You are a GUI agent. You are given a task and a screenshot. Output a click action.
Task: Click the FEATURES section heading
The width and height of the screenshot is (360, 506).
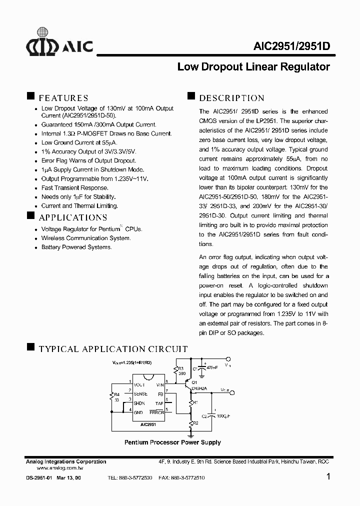pyautogui.click(x=63, y=98)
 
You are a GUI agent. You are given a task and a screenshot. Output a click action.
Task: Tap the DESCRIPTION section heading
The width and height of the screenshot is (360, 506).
pyautogui.click(x=231, y=98)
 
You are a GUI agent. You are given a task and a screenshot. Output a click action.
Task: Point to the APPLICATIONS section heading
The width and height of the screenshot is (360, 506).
pyautogui.click(x=72, y=217)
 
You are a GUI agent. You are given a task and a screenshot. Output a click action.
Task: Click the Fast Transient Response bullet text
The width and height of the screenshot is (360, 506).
pyautogui.click(x=74, y=187)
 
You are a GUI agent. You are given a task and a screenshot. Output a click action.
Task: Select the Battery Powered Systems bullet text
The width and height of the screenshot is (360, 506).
pyautogui.click(x=76, y=247)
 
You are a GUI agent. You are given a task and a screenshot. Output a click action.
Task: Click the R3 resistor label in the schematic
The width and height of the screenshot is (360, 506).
pyautogui.click(x=181, y=368)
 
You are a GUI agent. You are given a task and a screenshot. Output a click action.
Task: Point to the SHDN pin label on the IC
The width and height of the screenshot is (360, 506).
pyautogui.click(x=139, y=403)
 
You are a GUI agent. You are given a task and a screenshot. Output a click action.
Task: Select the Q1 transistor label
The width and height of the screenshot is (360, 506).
pyautogui.click(x=194, y=382)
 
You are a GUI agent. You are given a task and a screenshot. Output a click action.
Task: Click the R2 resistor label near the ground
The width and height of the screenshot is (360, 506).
pyautogui.click(x=195, y=423)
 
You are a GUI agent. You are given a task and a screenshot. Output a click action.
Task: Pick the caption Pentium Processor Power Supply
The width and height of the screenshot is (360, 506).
pyautogui.click(x=172, y=442)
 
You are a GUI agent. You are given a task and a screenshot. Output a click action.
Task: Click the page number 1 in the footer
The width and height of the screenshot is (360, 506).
pyautogui.click(x=328, y=476)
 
